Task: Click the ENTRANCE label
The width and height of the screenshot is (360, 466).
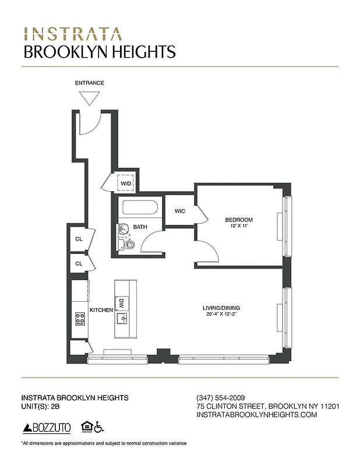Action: click(x=89, y=83)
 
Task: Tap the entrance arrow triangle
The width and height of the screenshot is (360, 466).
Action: click(x=89, y=97)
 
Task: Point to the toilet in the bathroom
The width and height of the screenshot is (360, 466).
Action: click(x=129, y=243)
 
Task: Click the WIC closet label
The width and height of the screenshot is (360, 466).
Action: click(x=180, y=211)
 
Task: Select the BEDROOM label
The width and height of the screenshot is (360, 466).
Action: click(x=239, y=220)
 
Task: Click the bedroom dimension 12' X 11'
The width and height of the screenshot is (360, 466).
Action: click(x=239, y=226)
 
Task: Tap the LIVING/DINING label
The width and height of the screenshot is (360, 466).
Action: click(x=221, y=308)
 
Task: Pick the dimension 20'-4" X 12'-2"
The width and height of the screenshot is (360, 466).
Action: click(x=221, y=315)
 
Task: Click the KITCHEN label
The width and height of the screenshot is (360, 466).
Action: click(x=101, y=310)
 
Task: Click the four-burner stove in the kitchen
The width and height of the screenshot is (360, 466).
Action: click(x=80, y=319)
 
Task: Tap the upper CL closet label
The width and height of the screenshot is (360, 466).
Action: click(x=78, y=239)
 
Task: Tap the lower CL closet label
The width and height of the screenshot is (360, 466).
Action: click(x=78, y=264)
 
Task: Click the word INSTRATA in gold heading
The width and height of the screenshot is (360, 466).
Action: click(x=73, y=33)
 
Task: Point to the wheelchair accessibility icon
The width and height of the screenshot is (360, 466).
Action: click(x=98, y=427)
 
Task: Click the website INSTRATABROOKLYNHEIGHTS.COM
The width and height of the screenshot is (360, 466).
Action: click(x=257, y=415)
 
